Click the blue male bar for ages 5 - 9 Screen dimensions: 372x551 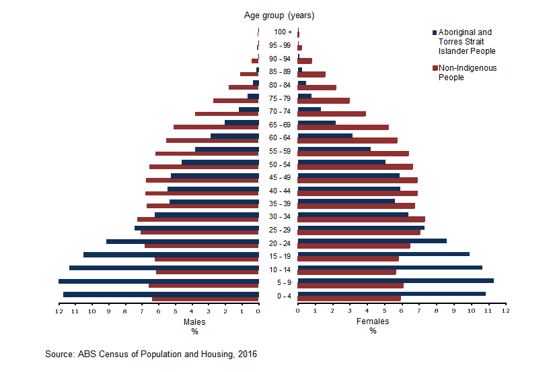click(159, 281)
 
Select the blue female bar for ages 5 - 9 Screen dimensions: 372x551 click(396, 281)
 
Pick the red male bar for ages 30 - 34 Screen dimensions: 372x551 click(198, 220)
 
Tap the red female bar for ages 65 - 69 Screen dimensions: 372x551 click(343, 127)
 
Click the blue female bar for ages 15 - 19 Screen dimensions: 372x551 click(383, 254)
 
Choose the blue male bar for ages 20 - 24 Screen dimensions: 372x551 click(182, 241)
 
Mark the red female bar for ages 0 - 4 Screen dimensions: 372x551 click(349, 299)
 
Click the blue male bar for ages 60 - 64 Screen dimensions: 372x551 click(235, 135)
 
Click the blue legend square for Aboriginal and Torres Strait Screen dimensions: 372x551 click(435, 32)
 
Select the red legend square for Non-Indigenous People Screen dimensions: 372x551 click(435, 69)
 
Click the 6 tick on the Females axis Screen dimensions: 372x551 click(402, 311)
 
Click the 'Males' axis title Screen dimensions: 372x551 click(194, 321)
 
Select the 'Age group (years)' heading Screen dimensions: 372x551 click(279, 15)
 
